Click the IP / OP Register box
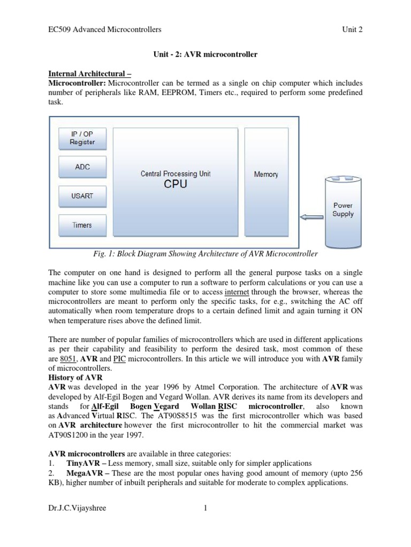82,138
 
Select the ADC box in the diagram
82,167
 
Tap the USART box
82,196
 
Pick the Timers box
82,225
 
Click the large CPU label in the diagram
175,185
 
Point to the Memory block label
266,174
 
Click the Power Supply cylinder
343,210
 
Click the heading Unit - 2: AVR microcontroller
205,54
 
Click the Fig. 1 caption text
205,254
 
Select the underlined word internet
237,292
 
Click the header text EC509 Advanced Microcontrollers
105,29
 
